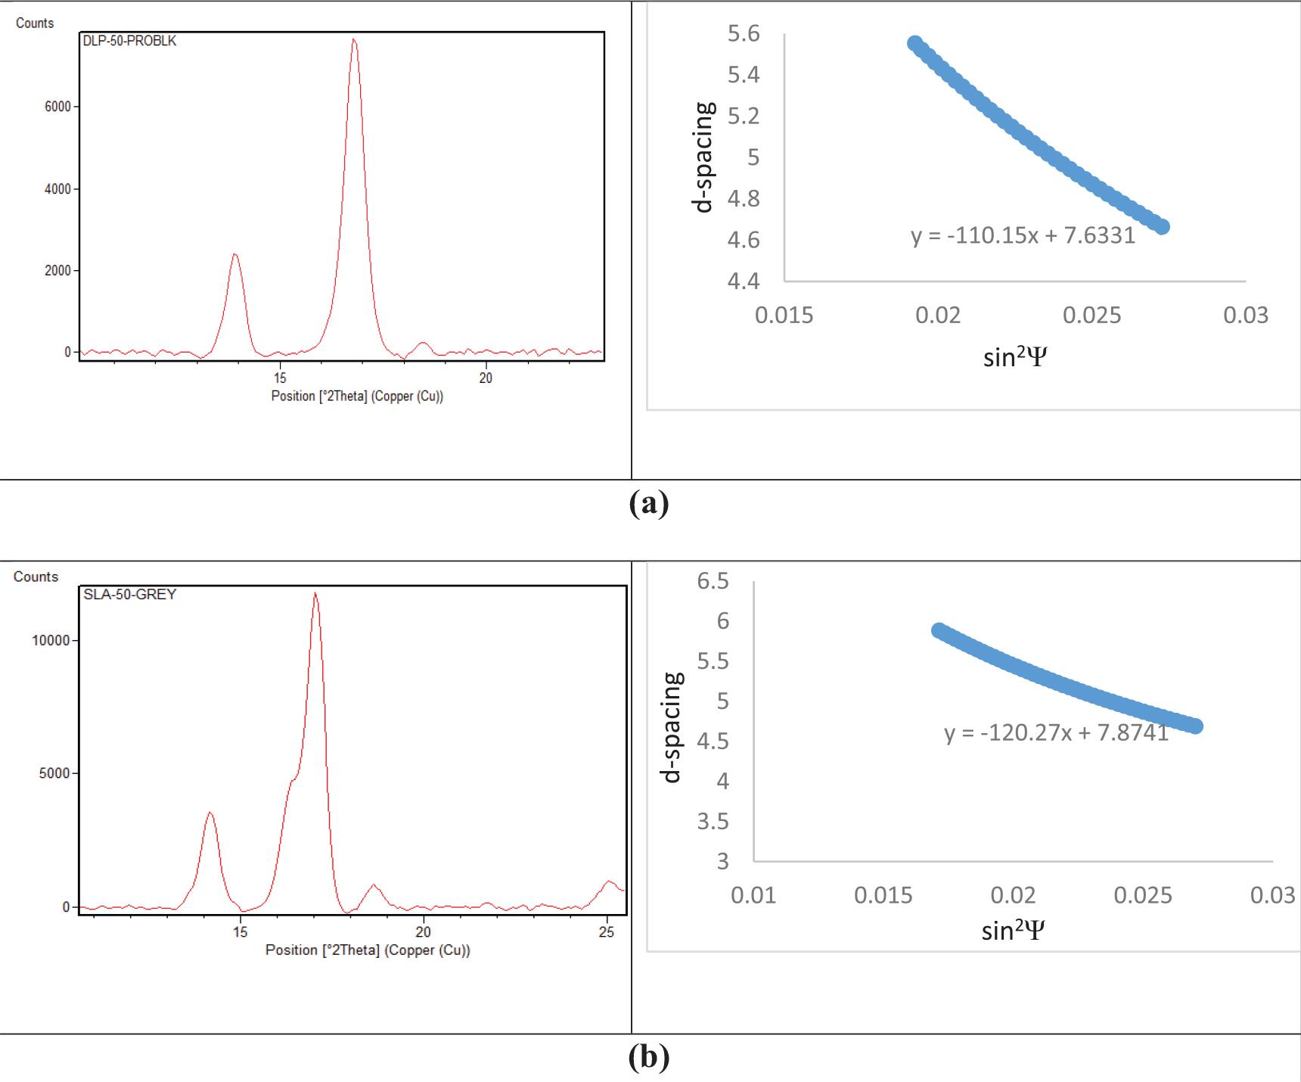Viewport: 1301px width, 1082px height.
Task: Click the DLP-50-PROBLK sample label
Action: tap(129, 41)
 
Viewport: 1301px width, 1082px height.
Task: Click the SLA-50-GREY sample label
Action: tap(129, 595)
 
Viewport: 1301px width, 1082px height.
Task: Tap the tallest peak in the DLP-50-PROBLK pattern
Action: tap(354, 40)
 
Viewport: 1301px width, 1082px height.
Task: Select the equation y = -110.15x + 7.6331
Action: tap(1023, 235)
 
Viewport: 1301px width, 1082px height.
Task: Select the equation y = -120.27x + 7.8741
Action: tap(1056, 732)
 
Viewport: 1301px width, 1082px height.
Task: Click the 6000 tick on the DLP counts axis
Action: tap(57, 107)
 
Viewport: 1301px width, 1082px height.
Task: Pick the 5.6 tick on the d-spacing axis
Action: tap(743, 34)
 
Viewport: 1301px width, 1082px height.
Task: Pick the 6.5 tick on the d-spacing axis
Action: tap(713, 581)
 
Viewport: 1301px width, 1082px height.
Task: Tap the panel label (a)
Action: tap(649, 503)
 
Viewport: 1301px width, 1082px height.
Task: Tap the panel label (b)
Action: tap(649, 1056)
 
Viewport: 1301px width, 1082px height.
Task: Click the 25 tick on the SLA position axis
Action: tap(607, 932)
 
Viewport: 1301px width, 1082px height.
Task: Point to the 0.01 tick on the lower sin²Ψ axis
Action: tap(753, 895)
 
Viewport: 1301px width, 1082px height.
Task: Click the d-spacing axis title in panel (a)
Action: tap(703, 157)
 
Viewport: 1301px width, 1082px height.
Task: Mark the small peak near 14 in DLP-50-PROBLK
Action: tap(235, 255)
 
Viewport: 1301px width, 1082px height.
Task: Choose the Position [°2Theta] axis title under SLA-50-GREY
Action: tap(368, 950)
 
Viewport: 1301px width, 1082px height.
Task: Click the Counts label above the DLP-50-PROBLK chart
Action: tap(35, 23)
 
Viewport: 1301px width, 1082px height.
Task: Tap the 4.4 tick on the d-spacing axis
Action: tap(743, 281)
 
